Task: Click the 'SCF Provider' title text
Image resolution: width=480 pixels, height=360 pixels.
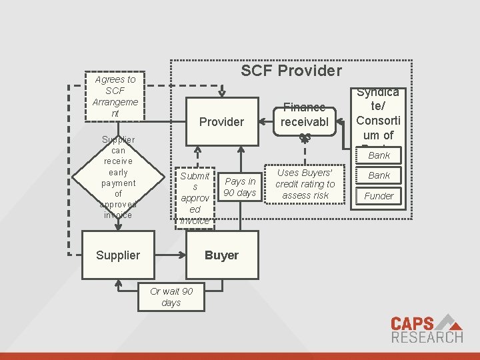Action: coord(291,71)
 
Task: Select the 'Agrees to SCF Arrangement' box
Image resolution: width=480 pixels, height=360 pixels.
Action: coord(115,97)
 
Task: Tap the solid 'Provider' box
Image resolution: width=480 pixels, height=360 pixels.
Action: coord(221,121)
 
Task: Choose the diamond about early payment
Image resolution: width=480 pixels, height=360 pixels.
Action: coord(118,177)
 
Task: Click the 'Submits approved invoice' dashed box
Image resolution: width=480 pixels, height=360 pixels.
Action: coord(195,197)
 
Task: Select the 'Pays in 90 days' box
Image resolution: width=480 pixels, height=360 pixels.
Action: coord(240,187)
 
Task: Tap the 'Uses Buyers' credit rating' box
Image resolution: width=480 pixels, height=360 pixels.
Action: coord(305,183)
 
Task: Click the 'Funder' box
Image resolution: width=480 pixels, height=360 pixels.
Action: coord(379,196)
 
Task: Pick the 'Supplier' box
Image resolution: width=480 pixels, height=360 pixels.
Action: coord(118,255)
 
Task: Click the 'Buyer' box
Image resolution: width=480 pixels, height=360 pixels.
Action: coord(221,255)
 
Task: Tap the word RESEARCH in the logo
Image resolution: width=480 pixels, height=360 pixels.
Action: coord(427,337)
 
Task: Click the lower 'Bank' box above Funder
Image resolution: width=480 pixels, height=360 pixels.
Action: coord(379,175)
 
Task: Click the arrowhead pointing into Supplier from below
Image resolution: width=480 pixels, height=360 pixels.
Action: coord(118,282)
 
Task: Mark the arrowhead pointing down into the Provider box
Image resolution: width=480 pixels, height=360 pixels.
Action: coord(221,95)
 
